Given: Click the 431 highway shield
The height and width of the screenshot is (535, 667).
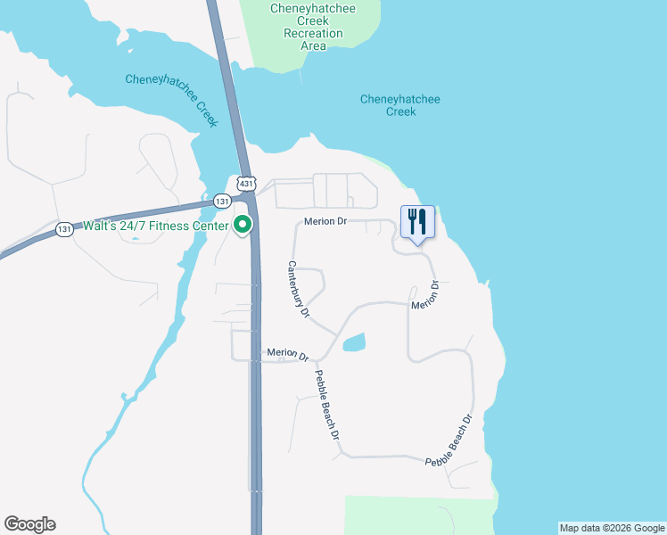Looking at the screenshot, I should [x=247, y=183].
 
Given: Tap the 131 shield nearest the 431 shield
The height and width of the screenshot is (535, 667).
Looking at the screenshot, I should [x=221, y=202].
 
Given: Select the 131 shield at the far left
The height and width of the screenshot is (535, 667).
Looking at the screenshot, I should [x=63, y=229].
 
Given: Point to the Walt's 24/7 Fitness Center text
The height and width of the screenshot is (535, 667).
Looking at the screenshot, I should [x=155, y=225].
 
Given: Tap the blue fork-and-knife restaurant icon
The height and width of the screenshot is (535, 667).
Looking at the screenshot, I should [x=417, y=221].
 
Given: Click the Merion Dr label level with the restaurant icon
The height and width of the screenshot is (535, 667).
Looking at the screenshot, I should [x=325, y=220].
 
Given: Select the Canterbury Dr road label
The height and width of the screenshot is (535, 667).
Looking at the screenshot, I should [x=298, y=290].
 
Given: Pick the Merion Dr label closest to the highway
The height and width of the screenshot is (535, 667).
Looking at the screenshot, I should [x=287, y=354].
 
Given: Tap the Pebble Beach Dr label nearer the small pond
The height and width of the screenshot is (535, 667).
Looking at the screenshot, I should [x=327, y=406].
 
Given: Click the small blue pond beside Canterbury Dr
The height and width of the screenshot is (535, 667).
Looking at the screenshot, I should [x=354, y=342].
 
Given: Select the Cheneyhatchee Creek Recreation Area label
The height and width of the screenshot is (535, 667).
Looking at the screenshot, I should [x=313, y=27].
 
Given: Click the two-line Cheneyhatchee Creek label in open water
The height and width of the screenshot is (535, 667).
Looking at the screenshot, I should [x=400, y=105].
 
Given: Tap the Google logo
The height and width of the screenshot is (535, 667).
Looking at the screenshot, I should [x=29, y=524].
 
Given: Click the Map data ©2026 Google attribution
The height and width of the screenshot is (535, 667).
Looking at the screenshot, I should [x=612, y=528].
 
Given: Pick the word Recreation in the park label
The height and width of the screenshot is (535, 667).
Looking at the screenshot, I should [x=313, y=33].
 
